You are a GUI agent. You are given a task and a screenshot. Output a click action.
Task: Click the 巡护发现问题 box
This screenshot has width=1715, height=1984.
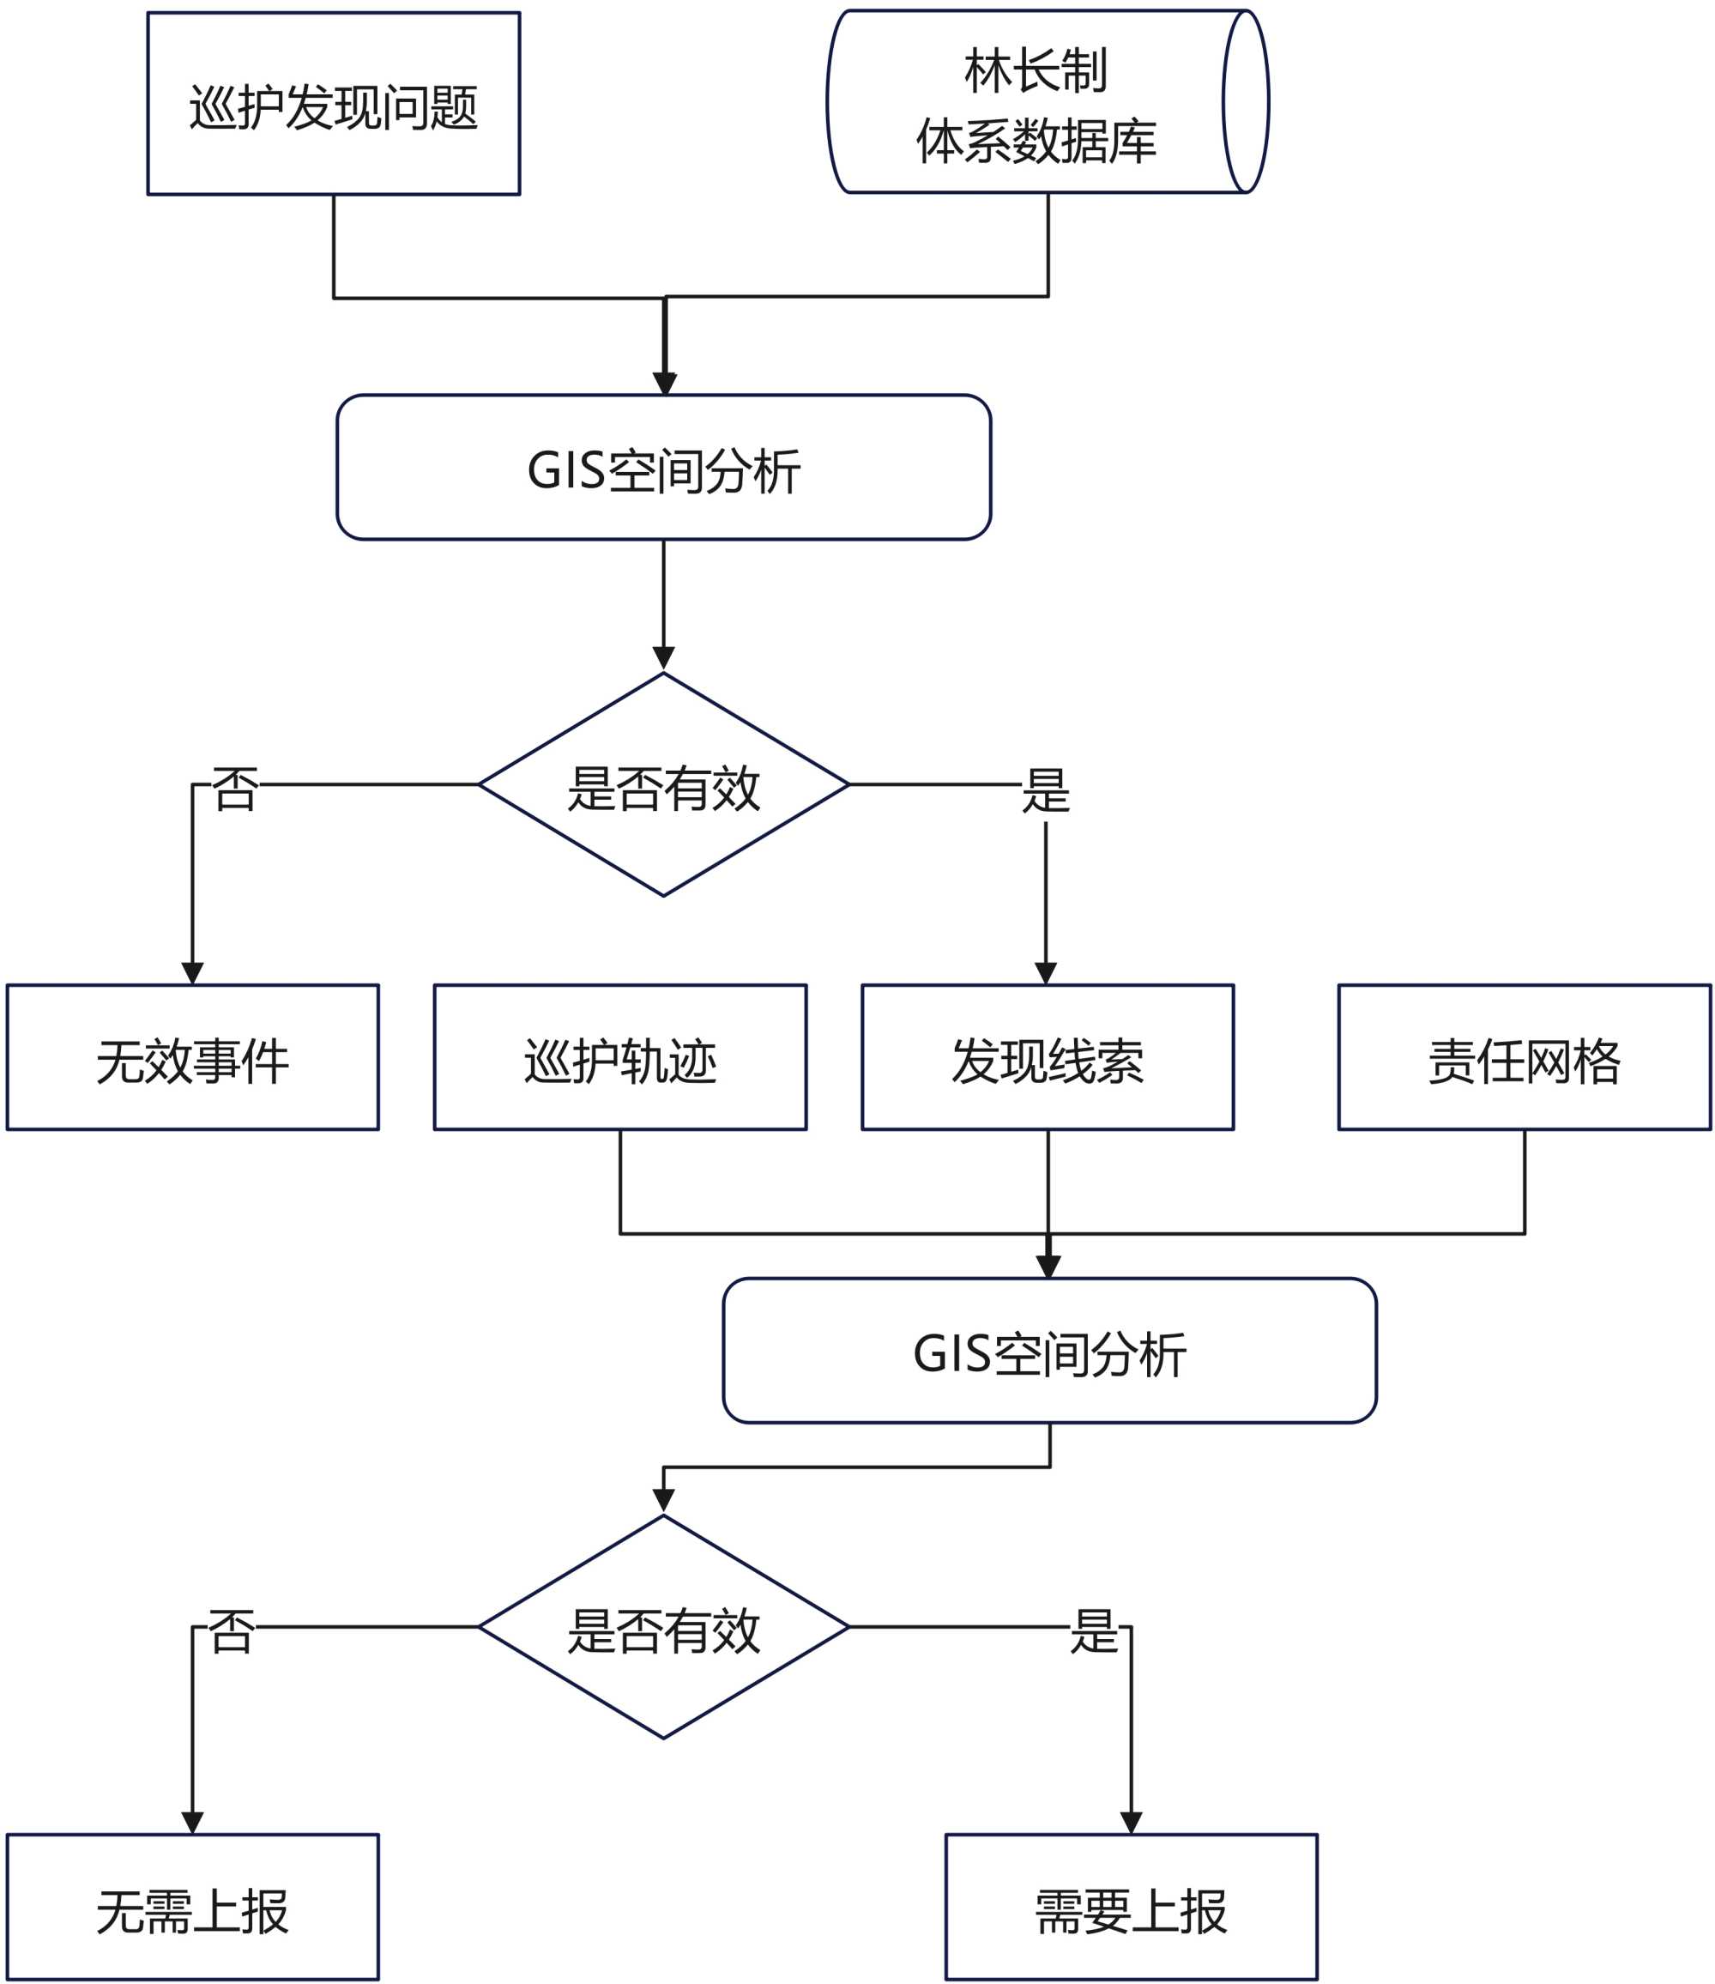pyautogui.click(x=333, y=104)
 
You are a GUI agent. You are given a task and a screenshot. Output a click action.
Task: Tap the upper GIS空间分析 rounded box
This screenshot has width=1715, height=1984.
pyautogui.click(x=663, y=468)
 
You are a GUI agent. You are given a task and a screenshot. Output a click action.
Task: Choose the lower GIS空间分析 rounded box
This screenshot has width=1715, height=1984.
pyautogui.click(x=1049, y=1350)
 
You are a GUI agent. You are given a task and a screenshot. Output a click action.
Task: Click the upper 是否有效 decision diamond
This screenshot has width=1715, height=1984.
pyautogui.click(x=663, y=785)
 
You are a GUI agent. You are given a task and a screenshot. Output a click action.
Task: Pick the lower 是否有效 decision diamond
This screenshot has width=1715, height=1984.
pyautogui.click(x=663, y=1627)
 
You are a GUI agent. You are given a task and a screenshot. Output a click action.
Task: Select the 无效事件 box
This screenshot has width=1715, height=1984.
pyautogui.click(x=192, y=1057)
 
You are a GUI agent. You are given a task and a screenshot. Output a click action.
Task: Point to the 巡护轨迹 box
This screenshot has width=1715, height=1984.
pyautogui.click(x=619, y=1057)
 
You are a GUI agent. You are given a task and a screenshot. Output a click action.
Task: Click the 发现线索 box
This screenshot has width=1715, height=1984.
pyautogui.click(x=1048, y=1057)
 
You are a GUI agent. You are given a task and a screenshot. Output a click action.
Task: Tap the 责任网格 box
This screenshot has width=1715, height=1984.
pyautogui.click(x=1525, y=1057)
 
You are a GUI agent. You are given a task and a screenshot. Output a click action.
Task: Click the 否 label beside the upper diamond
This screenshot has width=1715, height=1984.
pyautogui.click(x=234, y=789)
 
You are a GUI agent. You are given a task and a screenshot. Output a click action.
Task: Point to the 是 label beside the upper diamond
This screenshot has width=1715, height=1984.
pyautogui.click(x=1046, y=791)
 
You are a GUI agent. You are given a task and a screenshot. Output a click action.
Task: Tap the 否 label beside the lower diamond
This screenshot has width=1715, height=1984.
pyautogui.click(x=231, y=1630)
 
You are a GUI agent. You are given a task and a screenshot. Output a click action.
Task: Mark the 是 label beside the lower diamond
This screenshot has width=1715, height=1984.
pyautogui.click(x=1095, y=1630)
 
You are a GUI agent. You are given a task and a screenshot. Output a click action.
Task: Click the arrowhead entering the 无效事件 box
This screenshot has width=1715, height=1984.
pyautogui.click(x=192, y=973)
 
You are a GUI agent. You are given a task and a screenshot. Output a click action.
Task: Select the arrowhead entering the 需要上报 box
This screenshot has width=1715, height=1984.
pyautogui.click(x=1131, y=1822)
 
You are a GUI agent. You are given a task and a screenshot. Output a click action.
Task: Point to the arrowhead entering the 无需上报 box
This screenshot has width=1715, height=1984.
pyautogui.click(x=192, y=1822)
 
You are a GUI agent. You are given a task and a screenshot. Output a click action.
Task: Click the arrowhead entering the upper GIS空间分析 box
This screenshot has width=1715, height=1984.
pyautogui.click(x=665, y=384)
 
